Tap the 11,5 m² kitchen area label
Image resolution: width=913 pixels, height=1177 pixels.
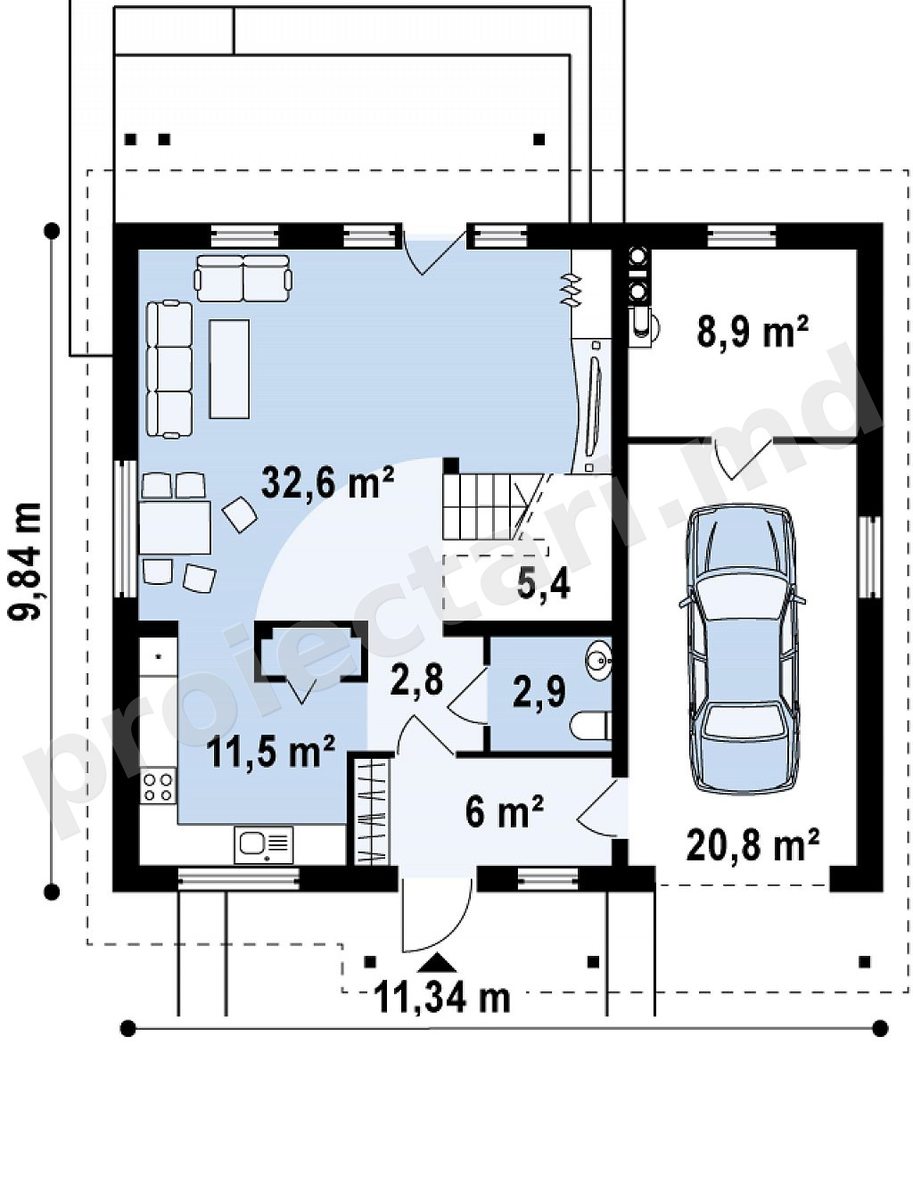click(270, 752)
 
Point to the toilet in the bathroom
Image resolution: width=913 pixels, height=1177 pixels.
click(591, 726)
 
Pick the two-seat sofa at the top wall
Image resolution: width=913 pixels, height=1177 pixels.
click(243, 278)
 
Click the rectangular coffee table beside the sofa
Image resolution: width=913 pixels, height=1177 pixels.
click(230, 368)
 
